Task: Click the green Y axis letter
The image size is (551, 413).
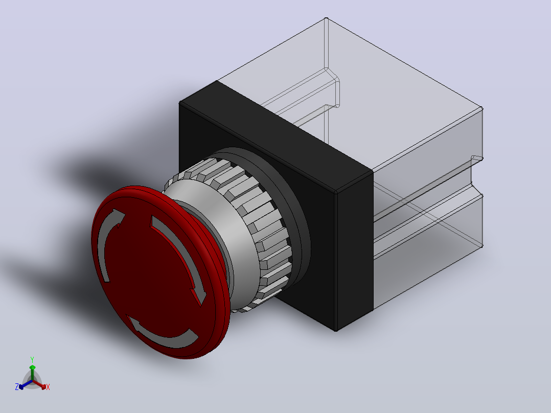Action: coord(32,360)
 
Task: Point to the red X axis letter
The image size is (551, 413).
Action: coord(48,387)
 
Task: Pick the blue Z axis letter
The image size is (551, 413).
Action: coord(16,387)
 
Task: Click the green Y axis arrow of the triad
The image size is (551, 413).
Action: coord(32,373)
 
